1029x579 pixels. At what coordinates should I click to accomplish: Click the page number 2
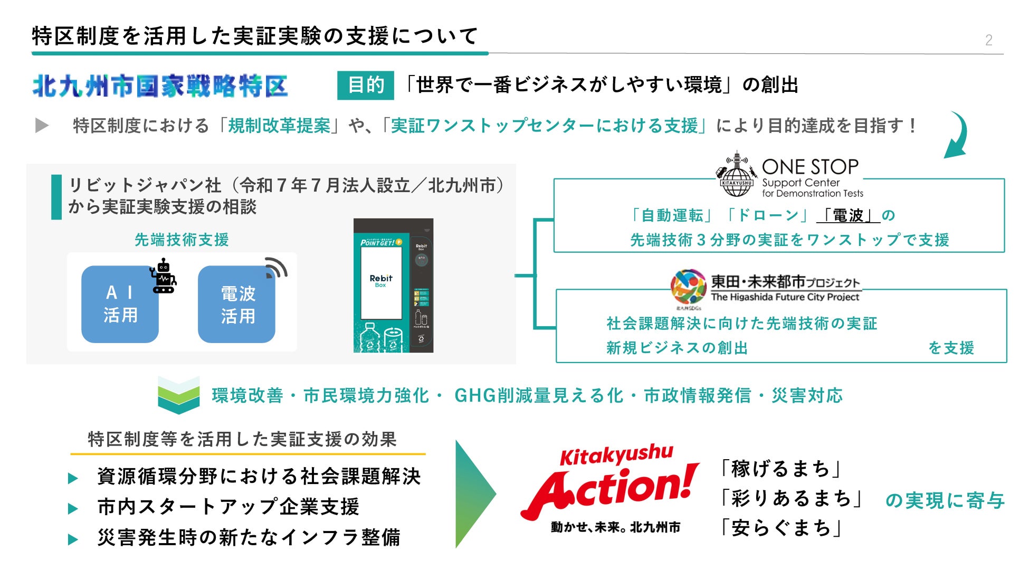pos(988,40)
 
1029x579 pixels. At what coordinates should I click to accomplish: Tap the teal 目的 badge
pos(365,85)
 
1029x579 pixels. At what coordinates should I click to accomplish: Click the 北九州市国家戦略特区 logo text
pos(160,86)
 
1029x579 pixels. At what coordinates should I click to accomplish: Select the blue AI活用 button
pos(120,304)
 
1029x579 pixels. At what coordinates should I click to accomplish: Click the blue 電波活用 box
pos(237,305)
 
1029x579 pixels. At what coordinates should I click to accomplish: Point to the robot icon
pos(164,276)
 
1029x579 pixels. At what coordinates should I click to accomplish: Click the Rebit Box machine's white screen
pos(380,282)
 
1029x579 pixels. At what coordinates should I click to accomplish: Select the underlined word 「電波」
pos(848,215)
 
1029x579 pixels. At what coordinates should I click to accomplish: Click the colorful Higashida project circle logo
pos(688,287)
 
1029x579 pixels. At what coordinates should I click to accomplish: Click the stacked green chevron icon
pos(178,395)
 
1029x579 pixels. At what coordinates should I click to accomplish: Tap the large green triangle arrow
pos(474,493)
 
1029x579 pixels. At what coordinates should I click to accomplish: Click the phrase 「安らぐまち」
pos(780,527)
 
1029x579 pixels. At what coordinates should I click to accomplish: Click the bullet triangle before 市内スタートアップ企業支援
pos(73,509)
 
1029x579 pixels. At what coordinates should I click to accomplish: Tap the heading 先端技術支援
pos(182,240)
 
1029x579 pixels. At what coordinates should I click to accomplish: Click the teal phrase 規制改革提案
pos(279,126)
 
